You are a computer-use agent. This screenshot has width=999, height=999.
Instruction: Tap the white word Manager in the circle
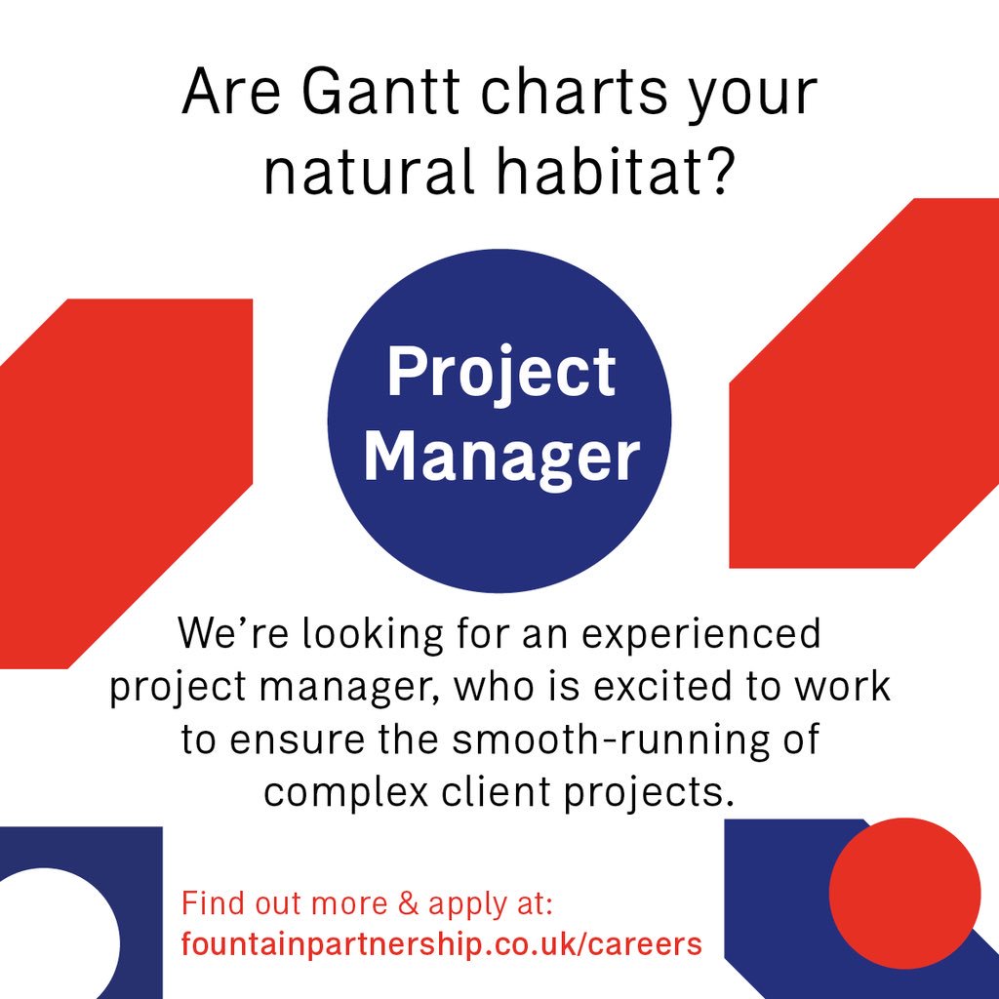[501, 457]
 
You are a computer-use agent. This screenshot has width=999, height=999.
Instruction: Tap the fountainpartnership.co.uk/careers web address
[441, 944]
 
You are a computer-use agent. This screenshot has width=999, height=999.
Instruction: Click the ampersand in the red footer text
[408, 903]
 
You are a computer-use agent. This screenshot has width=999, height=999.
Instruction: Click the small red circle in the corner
[904, 894]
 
